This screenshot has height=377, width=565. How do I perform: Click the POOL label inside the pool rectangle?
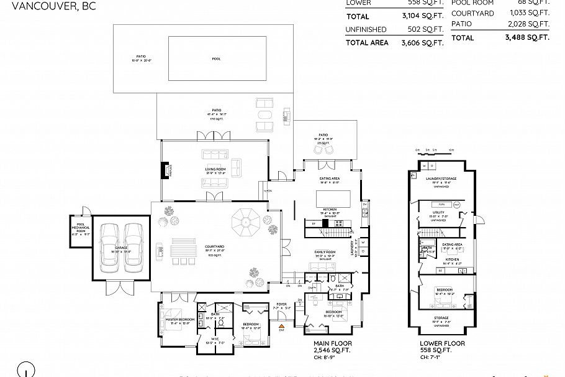click(x=216, y=58)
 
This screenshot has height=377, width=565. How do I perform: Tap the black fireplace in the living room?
click(x=165, y=170)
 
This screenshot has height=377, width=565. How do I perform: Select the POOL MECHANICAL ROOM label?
click(x=79, y=228)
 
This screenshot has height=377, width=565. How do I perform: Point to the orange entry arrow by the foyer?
click(x=281, y=325)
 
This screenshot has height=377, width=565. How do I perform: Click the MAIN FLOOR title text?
click(x=333, y=343)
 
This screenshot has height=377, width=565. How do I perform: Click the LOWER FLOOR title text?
click(x=442, y=343)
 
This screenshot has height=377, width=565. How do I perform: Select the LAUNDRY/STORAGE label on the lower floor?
click(x=441, y=178)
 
